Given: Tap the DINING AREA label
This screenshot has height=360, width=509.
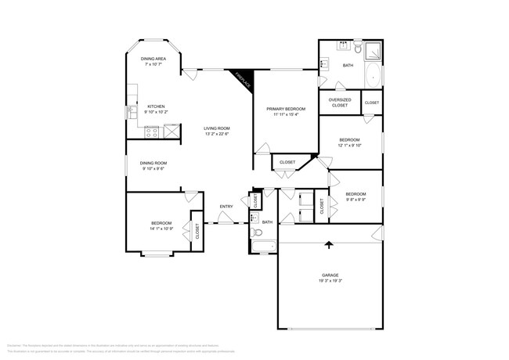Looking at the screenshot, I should click(x=153, y=59).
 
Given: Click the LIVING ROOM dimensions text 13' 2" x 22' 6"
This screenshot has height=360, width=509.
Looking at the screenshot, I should click(x=216, y=133).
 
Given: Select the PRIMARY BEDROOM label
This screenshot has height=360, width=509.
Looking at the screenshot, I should click(x=286, y=109).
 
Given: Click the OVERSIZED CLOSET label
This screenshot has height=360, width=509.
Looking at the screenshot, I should click(x=339, y=103).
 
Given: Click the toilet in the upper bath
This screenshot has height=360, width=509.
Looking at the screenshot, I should click(x=356, y=47).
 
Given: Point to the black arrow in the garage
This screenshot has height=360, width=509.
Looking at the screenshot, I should click(x=329, y=246).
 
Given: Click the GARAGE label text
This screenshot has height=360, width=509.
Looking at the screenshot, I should click(x=329, y=275).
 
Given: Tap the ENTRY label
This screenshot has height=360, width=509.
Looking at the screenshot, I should click(x=226, y=207).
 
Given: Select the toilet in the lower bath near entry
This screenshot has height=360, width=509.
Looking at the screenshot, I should click(x=257, y=232).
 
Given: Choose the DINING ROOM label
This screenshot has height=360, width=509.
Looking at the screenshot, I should click(x=154, y=163).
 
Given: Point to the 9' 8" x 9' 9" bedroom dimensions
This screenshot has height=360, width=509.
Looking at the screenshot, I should click(x=356, y=199).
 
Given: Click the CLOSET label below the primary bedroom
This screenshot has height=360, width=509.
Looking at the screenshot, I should click(x=287, y=163).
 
